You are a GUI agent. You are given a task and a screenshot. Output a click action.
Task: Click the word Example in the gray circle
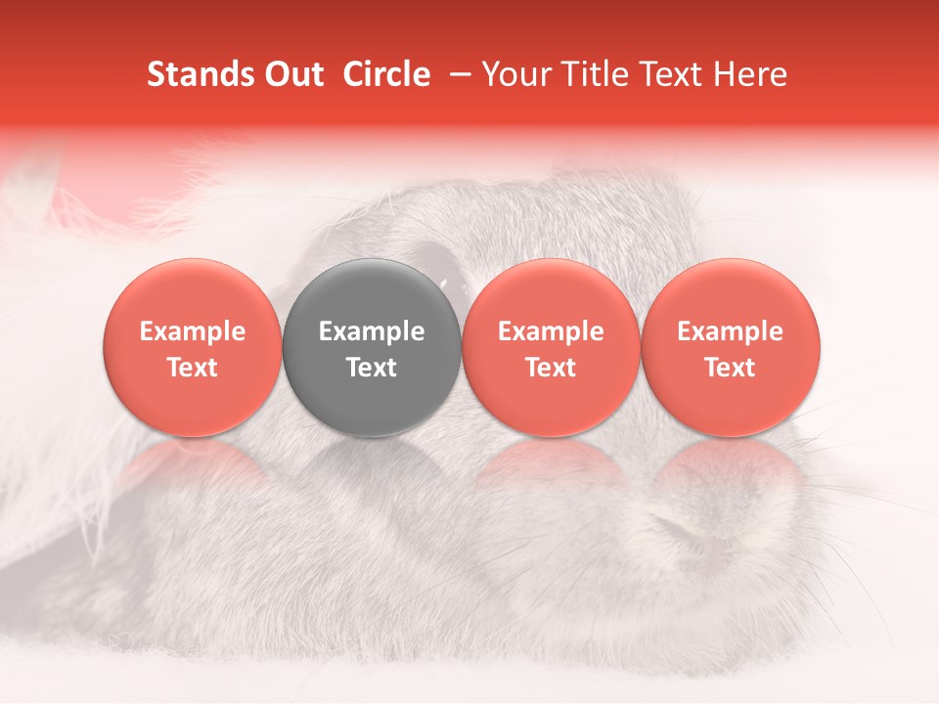pyautogui.click(x=372, y=331)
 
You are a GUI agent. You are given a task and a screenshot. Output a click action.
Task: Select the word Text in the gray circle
pyautogui.click(x=372, y=368)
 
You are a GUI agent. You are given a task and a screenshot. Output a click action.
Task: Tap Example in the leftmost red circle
pyautogui.click(x=193, y=331)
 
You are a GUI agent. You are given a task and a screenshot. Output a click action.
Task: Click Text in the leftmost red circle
pyautogui.click(x=193, y=368)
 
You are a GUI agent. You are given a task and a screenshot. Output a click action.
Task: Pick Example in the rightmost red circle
pyautogui.click(x=731, y=331)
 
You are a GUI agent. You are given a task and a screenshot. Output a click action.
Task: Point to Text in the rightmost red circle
pyautogui.click(x=731, y=368)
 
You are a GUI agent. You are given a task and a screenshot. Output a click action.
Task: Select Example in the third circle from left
pyautogui.click(x=552, y=331)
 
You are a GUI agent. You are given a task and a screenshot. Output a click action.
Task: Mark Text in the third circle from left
pyautogui.click(x=552, y=368)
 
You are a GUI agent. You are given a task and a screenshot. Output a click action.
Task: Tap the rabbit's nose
pyautogui.click(x=685, y=533)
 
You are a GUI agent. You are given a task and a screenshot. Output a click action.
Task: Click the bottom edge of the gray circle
pyautogui.click(x=372, y=434)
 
